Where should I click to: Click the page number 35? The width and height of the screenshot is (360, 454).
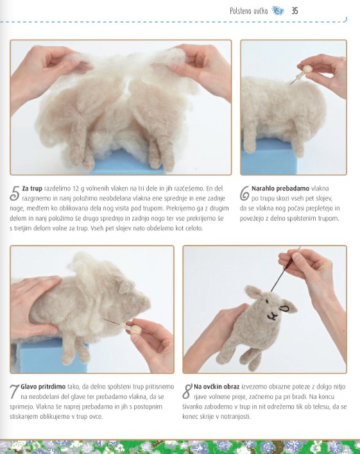pyautogui.click(x=295, y=11)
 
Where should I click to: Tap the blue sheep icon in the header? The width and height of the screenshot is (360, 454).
pyautogui.click(x=278, y=11)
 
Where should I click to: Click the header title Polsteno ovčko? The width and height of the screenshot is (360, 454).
pyautogui.click(x=248, y=11)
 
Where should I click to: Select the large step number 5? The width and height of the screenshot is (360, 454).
pyautogui.click(x=15, y=194)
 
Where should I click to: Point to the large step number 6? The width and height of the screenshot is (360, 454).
pyautogui.click(x=244, y=193)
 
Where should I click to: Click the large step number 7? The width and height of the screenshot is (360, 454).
pyautogui.click(x=14, y=391)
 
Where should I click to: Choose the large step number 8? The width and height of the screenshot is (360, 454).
pyautogui.click(x=187, y=391)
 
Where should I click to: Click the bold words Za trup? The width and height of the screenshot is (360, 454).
pyautogui.click(x=32, y=189)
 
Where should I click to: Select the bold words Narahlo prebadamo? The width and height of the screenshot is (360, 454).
pyautogui.click(x=280, y=189)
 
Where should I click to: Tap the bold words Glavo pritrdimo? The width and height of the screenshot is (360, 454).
pyautogui.click(x=43, y=387)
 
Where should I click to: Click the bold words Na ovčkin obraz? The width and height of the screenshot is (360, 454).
pyautogui.click(x=216, y=387)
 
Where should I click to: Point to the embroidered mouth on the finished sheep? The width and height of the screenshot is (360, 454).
pyautogui.click(x=272, y=316)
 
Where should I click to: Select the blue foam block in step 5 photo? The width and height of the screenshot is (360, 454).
pyautogui.click(x=128, y=164)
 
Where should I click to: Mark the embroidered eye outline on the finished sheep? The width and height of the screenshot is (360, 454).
pyautogui.click(x=285, y=309)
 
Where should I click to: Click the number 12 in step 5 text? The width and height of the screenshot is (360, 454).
pyautogui.click(x=76, y=189)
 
